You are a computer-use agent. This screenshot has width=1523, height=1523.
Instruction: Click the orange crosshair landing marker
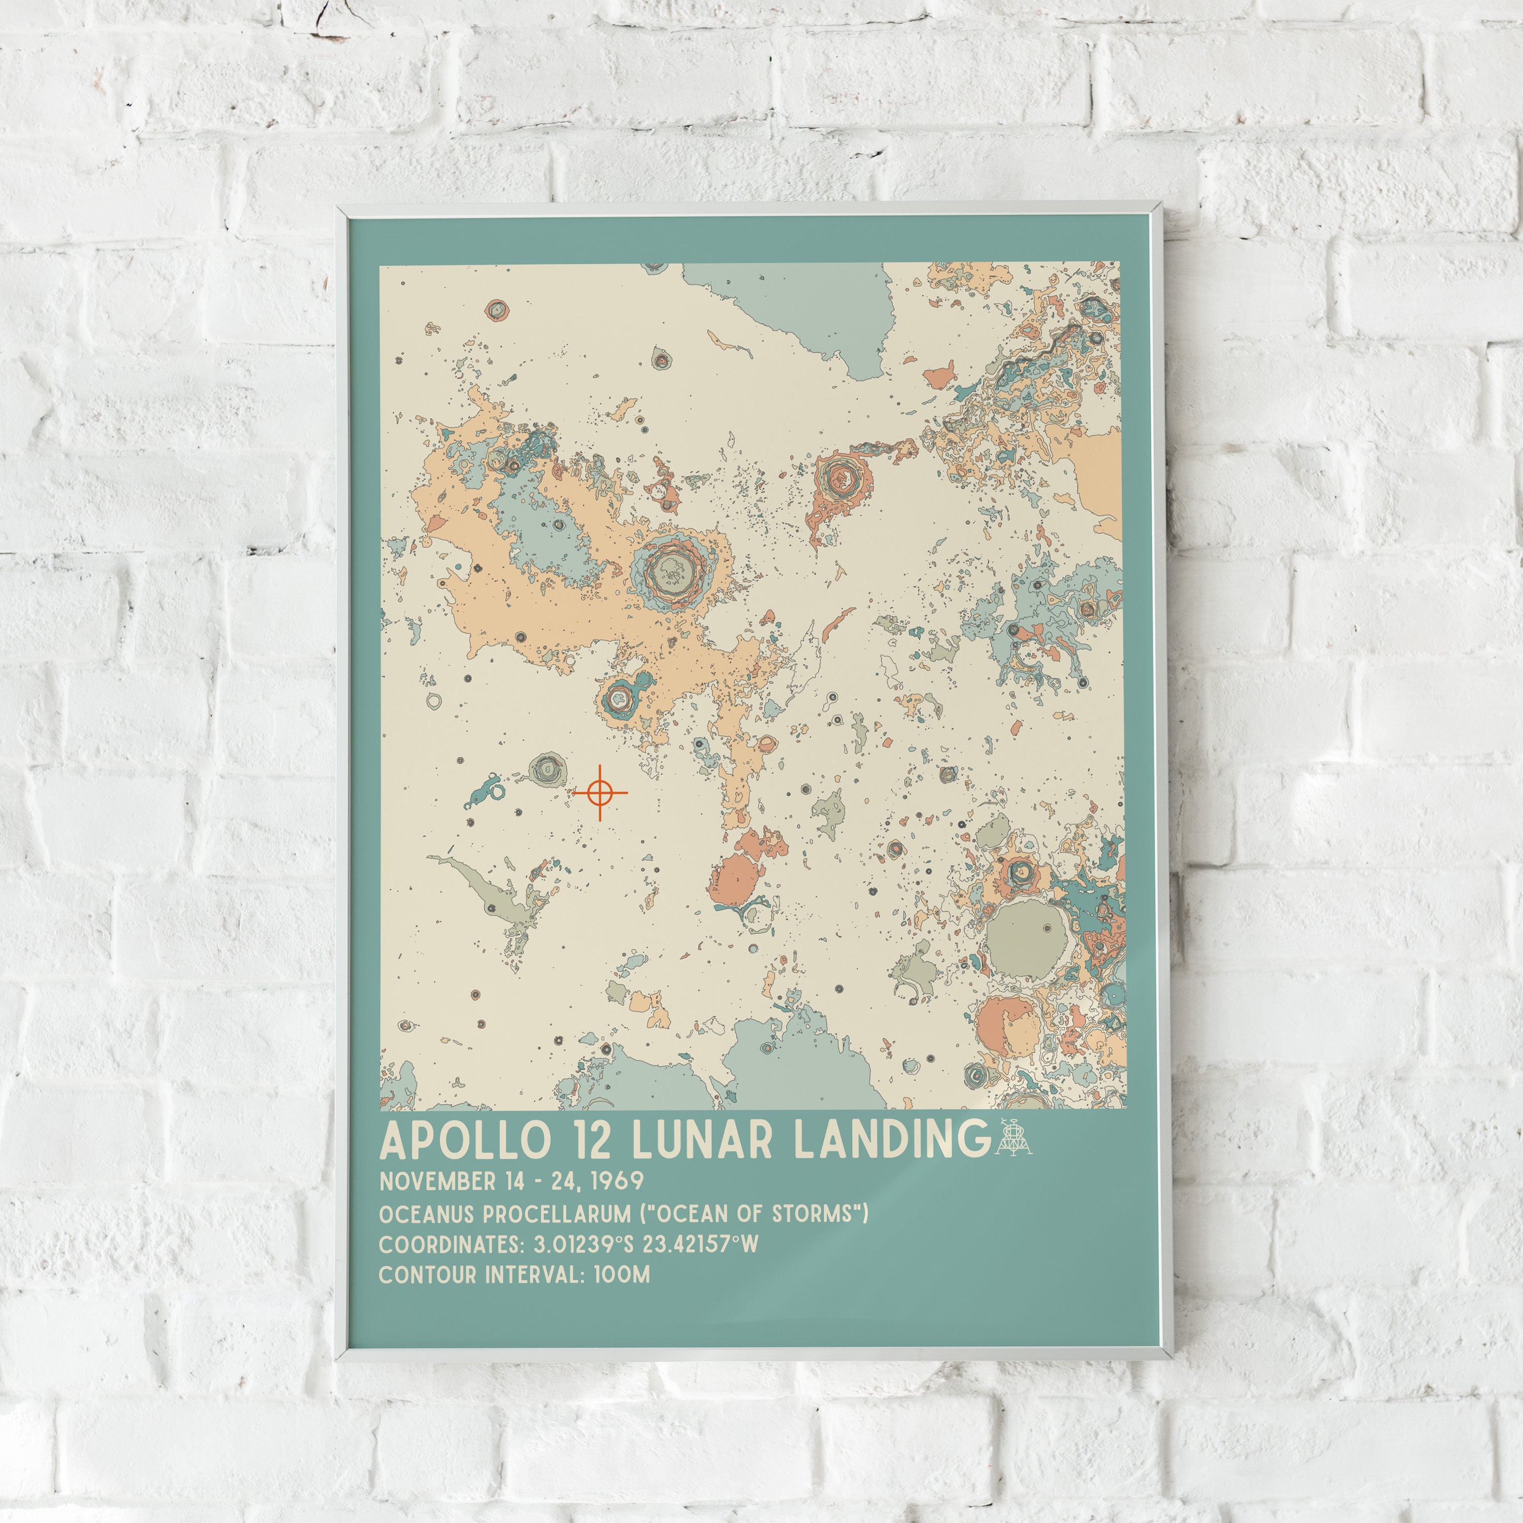[x=600, y=792]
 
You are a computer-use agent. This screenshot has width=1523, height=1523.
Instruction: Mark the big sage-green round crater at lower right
[x=1027, y=939]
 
